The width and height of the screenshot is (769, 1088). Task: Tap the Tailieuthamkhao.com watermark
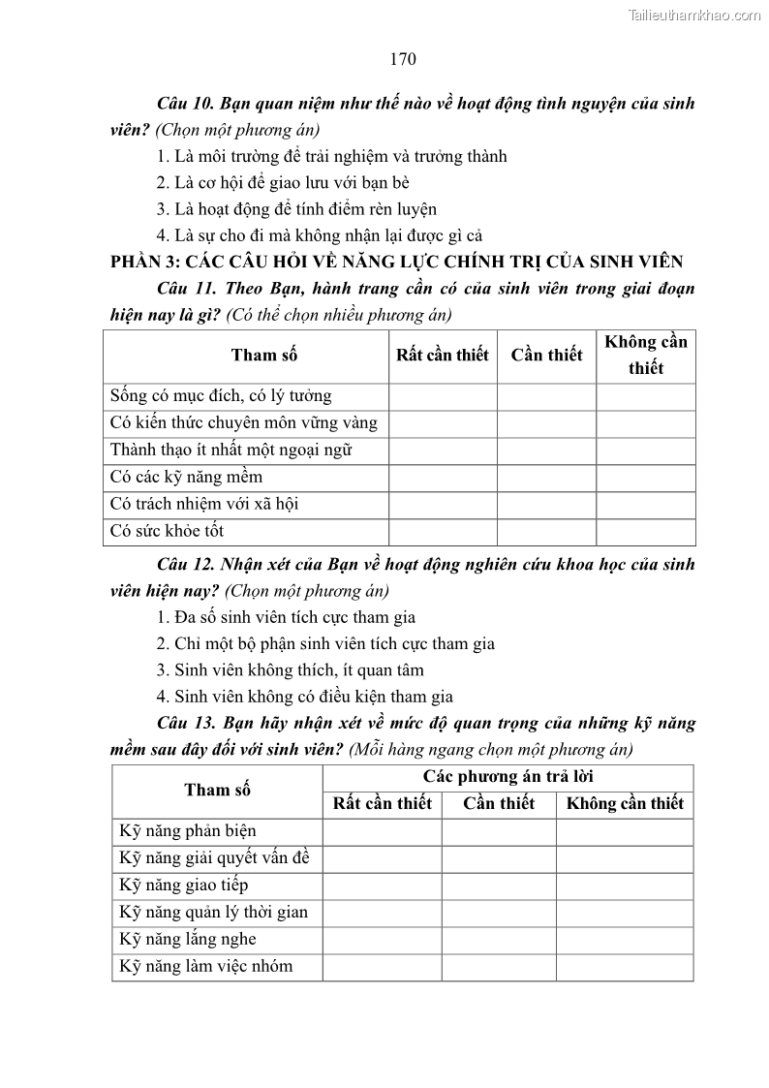click(694, 15)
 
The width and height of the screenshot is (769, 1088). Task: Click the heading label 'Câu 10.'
click(186, 103)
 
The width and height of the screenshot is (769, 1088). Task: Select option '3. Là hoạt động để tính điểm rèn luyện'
click(296, 208)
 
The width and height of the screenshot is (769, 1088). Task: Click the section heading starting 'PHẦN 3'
click(397, 261)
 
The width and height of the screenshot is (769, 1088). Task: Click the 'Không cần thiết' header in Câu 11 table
click(645, 355)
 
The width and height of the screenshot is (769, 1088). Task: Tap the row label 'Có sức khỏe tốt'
click(168, 531)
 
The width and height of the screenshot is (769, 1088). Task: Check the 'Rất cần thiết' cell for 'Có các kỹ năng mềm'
click(443, 478)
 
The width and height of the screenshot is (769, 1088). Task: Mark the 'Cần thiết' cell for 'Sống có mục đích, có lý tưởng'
click(546, 396)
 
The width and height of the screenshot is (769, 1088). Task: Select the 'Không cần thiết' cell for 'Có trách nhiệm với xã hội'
click(645, 505)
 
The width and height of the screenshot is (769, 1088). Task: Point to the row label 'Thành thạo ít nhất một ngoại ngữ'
click(231, 451)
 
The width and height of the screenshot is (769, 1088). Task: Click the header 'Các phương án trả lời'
click(508, 777)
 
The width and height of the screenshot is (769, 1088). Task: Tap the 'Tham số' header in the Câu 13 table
click(217, 790)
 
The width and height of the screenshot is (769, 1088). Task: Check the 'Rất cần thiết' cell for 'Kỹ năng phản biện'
click(382, 831)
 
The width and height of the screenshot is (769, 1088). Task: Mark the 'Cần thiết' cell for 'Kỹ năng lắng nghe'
click(499, 940)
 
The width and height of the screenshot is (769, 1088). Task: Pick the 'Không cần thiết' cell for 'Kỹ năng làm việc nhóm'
click(625, 967)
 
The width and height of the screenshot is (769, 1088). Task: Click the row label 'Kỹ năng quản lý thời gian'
click(213, 913)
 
